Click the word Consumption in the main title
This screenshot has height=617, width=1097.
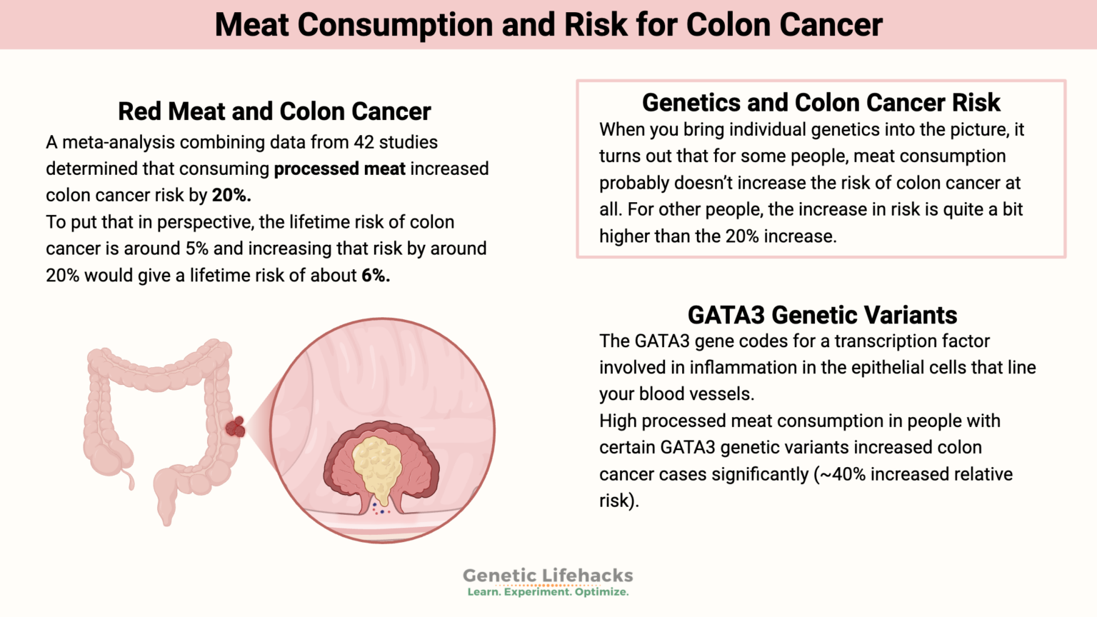point(394,25)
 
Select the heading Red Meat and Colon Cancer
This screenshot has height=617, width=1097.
point(274,111)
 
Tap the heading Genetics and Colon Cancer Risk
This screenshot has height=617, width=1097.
point(821,103)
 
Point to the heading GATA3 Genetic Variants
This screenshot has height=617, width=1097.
point(822,315)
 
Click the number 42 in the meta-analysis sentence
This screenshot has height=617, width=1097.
point(364,142)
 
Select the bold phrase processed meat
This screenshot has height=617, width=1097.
point(339,169)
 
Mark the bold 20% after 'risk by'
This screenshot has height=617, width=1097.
point(231,196)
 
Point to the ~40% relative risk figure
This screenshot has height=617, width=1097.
point(841,474)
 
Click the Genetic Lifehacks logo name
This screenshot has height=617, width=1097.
point(548,576)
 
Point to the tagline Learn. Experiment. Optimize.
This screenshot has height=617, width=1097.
point(548,592)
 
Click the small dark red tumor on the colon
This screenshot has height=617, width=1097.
point(235,427)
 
